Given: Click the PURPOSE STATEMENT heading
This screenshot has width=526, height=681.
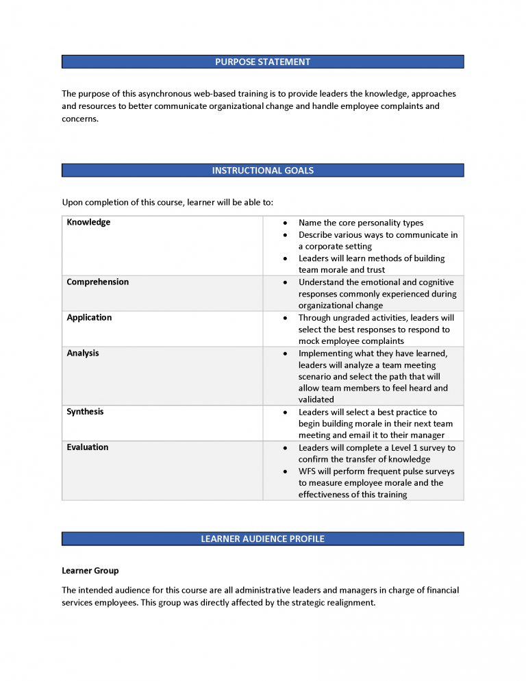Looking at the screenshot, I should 262,62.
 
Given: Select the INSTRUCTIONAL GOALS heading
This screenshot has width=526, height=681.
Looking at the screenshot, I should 262,171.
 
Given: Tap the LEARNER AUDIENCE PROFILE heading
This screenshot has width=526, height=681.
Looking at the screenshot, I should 262,539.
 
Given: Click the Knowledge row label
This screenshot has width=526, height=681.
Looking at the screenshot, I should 88,223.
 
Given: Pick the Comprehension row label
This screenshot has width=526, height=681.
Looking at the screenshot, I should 97,282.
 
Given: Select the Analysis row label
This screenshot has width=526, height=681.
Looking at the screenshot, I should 83,354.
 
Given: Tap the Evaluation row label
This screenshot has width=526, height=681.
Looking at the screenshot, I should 88,447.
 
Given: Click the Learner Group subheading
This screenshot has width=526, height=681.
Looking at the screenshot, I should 90,571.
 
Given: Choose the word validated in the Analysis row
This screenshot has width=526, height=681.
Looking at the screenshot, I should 316,400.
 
